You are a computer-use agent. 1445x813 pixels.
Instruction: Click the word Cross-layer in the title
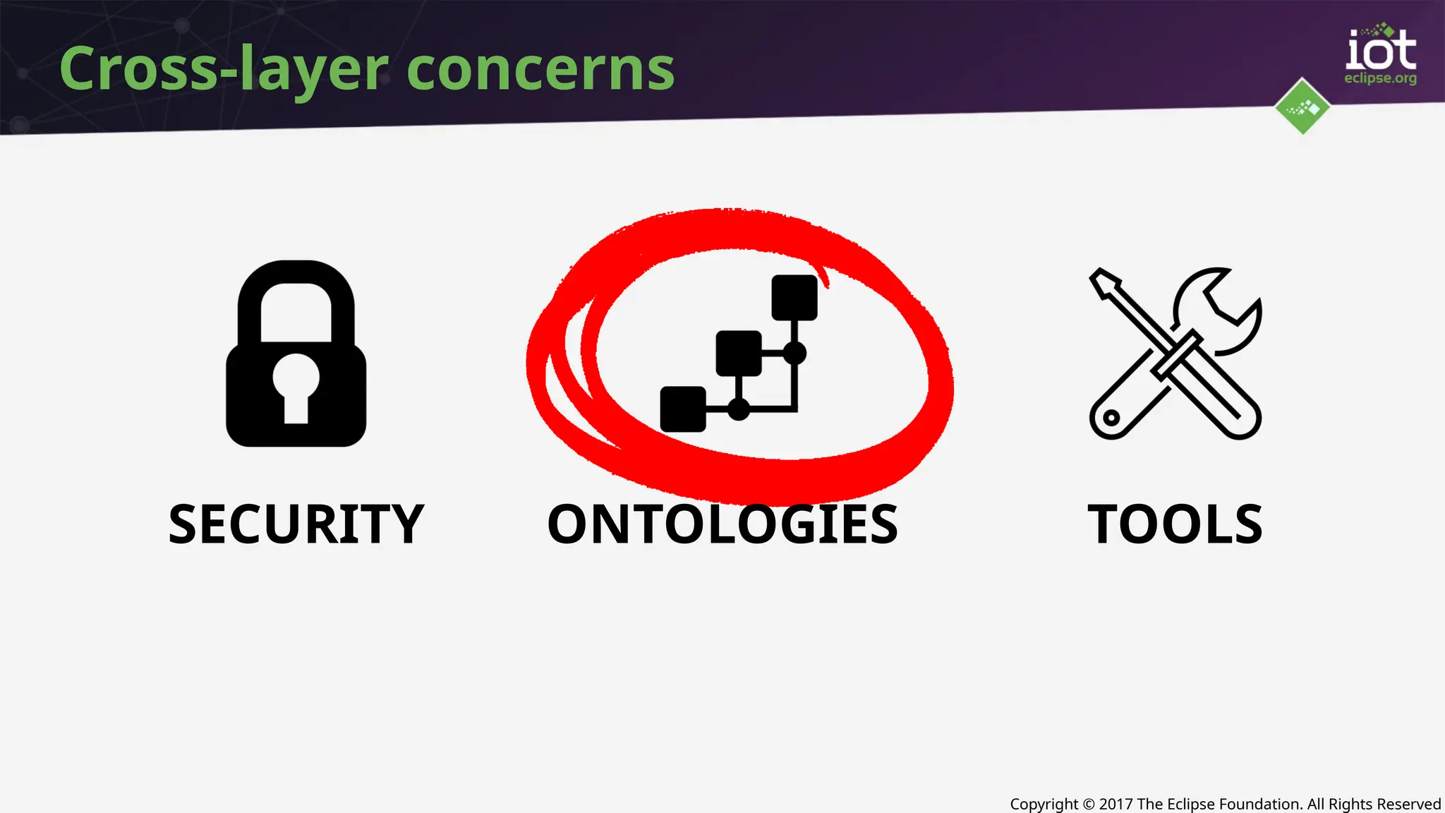point(223,69)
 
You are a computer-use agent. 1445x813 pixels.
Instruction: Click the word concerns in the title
point(540,71)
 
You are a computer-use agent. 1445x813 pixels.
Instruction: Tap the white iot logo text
point(1380,51)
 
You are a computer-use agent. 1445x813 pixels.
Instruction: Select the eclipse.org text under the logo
point(1380,78)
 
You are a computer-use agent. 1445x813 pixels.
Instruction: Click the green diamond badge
point(1302,107)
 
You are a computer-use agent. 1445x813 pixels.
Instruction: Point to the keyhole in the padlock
point(296,385)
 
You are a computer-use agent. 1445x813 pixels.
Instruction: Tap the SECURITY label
point(296,524)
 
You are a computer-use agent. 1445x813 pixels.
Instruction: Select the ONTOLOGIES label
point(722,524)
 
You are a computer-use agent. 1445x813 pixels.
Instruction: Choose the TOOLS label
point(1175,524)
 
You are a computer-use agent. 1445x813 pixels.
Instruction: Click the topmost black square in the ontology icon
point(794,298)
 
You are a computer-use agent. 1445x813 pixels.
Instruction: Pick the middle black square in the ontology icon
point(739,353)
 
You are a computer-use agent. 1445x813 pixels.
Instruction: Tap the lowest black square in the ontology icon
point(683,409)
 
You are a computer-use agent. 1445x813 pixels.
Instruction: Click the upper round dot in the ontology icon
point(794,353)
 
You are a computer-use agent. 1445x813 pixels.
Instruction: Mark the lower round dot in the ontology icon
point(739,409)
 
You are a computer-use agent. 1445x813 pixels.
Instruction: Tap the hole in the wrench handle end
point(1111,417)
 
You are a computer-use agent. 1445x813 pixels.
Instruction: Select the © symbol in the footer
point(1089,804)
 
